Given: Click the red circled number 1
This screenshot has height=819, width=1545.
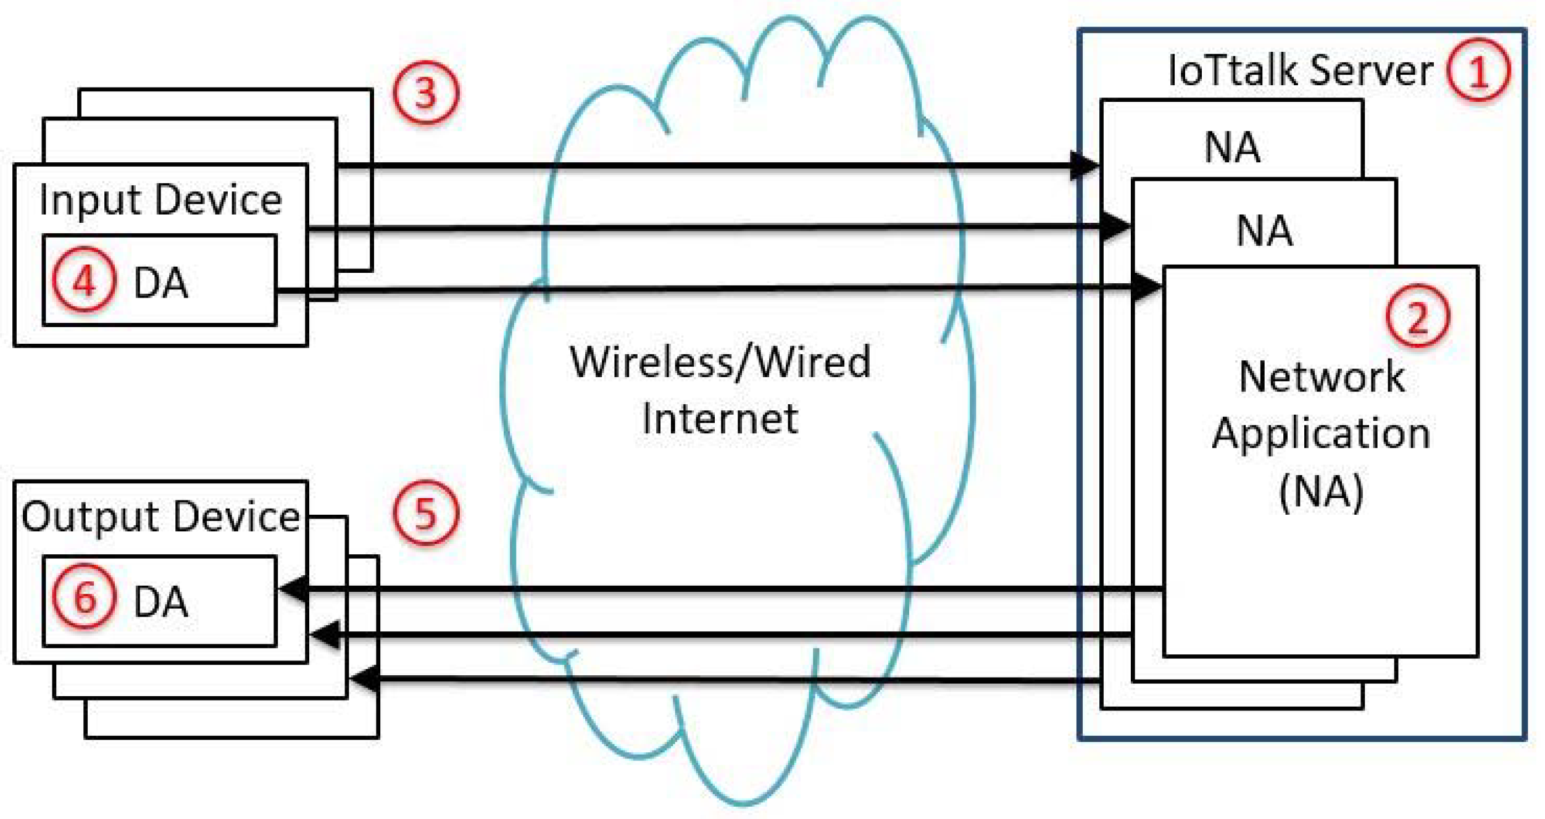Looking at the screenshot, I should click(x=1478, y=70).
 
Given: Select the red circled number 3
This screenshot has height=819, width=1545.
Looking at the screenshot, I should click(x=426, y=93).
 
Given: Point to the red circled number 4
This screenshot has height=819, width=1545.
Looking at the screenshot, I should click(x=84, y=281).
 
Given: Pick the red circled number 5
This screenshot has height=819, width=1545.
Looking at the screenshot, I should click(x=426, y=512).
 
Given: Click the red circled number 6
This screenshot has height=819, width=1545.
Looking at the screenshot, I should click(x=84, y=597).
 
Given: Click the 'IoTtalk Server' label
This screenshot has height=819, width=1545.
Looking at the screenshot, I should click(x=1300, y=70).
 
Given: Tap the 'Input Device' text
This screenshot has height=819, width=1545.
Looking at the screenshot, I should click(x=160, y=201).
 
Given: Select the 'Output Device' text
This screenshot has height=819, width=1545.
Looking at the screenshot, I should click(x=160, y=517).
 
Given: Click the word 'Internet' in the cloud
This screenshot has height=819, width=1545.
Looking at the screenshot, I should click(x=720, y=419).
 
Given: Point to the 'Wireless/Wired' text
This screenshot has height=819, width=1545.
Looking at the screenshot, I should click(x=720, y=362).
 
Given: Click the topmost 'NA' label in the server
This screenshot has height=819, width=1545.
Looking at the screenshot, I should click(x=1232, y=148).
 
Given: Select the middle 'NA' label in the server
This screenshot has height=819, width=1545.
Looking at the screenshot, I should click(x=1264, y=231).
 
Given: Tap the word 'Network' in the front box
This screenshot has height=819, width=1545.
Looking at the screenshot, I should click(x=1322, y=376).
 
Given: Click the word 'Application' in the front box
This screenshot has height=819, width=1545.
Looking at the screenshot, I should click(x=1322, y=433).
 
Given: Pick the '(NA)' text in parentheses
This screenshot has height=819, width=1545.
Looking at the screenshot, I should click(x=1322, y=492).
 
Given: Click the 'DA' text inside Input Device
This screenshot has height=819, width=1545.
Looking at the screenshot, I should click(x=160, y=283).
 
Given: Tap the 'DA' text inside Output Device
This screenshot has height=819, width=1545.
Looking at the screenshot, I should click(x=160, y=602).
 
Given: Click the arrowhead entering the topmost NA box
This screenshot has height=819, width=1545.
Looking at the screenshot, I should click(x=1085, y=165).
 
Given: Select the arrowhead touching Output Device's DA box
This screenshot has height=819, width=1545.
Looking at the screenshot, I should click(x=293, y=589).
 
